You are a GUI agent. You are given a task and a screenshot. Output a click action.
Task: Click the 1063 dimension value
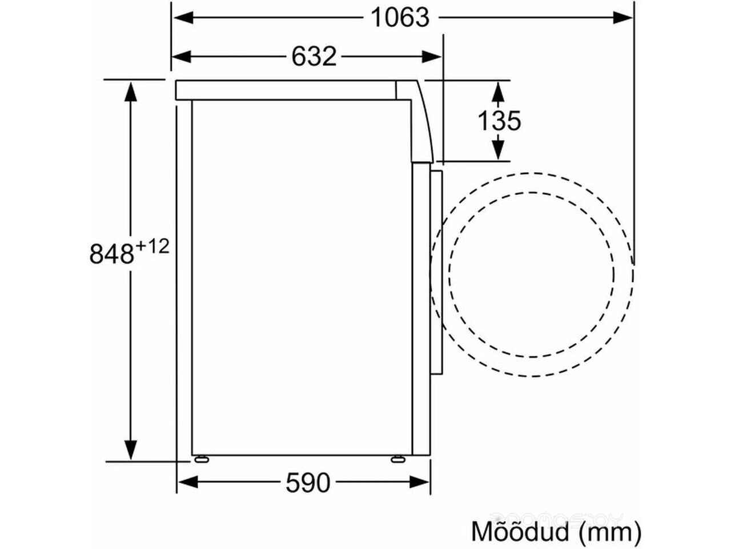point(400,17)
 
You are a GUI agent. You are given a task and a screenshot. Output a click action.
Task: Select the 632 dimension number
point(314,57)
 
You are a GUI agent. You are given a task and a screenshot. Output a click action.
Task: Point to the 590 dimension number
point(308,482)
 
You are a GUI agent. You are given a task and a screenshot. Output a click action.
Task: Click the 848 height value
point(111,254)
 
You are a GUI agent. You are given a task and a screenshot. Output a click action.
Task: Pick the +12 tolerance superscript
point(152,247)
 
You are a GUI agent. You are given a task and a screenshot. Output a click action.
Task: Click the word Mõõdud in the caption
point(520,532)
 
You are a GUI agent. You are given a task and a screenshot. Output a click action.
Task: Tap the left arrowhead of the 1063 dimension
point(183,17)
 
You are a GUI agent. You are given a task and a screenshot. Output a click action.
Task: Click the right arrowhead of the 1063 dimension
point(622,17)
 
